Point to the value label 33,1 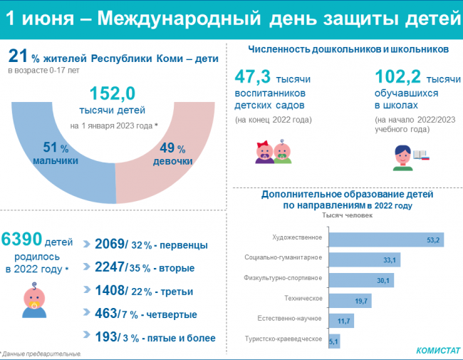click(x=390, y=258)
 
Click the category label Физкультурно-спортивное click(x=283, y=278)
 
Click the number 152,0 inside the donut click(x=113, y=93)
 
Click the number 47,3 click(x=257, y=76)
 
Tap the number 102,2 click(x=400, y=76)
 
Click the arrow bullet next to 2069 click(x=88, y=245)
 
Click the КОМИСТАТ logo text click(x=437, y=351)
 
